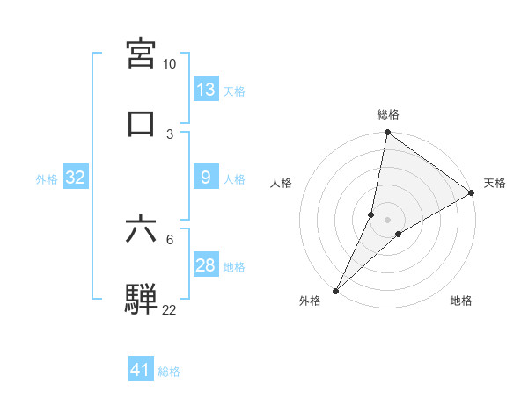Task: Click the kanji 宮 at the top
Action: point(142,54)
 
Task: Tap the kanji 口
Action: point(142,124)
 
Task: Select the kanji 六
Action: point(142,229)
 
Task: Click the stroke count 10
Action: point(170,64)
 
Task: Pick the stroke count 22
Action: point(170,310)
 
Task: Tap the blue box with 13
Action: point(206,90)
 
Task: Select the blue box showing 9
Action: point(206,178)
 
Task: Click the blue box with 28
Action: point(206,265)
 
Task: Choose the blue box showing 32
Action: point(76,178)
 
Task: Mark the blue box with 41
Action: point(141,371)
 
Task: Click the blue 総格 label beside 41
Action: point(170,372)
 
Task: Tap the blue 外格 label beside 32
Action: point(47,178)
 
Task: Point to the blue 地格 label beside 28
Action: point(234,266)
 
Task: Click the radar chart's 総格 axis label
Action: point(388,115)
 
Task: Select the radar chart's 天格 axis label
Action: point(495,183)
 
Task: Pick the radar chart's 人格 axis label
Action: point(282,183)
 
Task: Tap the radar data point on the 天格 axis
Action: point(472,193)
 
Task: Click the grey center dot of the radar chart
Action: point(388,219)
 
